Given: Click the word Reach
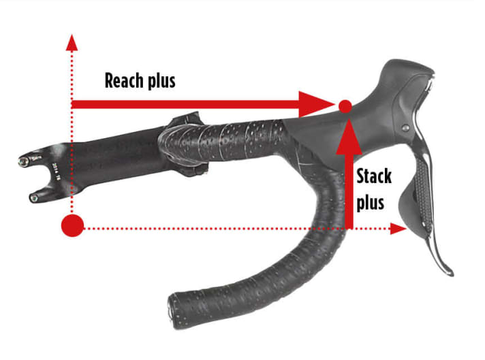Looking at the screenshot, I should pyautogui.click(x=125, y=81).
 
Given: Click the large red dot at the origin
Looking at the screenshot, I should pyautogui.click(x=72, y=226).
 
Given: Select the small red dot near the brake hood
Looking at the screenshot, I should pyautogui.click(x=345, y=106).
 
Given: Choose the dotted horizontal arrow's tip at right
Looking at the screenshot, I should pyautogui.click(x=402, y=229).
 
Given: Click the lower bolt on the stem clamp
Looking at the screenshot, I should pyautogui.click(x=33, y=198).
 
